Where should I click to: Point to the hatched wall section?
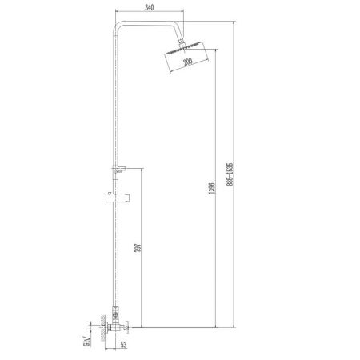pos(104,327)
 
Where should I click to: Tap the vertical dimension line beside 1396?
pos(218,192)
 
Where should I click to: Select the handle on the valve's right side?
pos(130,326)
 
